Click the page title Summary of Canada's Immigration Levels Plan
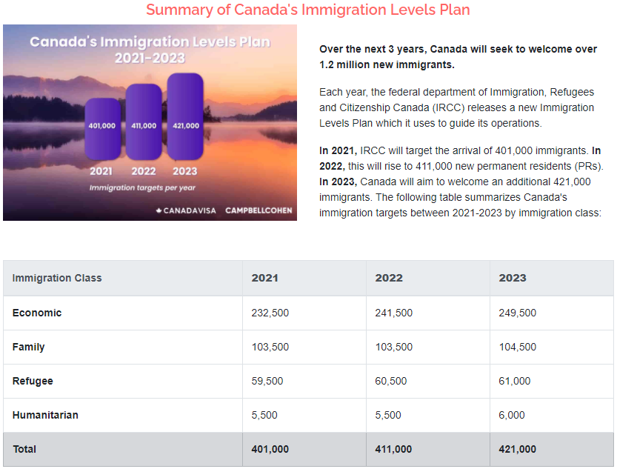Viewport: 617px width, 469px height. pos(307,10)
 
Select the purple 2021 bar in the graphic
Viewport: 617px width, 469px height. pos(102,127)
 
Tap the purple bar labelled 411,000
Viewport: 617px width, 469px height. pos(144,123)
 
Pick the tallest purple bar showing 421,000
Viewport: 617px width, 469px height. pos(185,117)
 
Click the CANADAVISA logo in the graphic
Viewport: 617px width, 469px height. pos(186,210)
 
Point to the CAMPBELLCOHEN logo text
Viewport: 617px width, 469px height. pos(259,210)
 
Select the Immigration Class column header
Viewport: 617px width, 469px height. pos(57,278)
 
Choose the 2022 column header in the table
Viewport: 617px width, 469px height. pos(389,278)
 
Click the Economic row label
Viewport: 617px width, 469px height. pos(37,313)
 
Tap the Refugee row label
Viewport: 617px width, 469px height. pos(33,381)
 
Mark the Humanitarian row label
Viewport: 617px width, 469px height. pos(45,415)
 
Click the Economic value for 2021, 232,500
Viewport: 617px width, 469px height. pos(270,313)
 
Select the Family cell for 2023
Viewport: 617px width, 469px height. pos(518,347)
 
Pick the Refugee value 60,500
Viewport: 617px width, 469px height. pos(391,381)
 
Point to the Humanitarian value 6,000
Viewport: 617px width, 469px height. pos(512,415)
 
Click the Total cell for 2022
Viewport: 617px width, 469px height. pos(394,449)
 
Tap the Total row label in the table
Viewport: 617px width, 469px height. pos(24,449)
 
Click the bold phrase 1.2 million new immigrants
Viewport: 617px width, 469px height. pos(387,64)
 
